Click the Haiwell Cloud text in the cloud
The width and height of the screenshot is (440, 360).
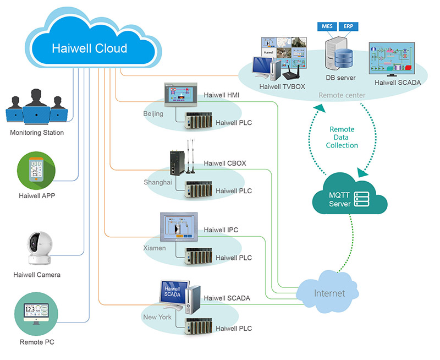pyautogui.click(x=89, y=48)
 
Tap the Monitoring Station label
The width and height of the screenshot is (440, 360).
pyautogui.click(x=37, y=133)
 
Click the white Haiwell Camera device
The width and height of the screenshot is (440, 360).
pyautogui.click(x=36, y=248)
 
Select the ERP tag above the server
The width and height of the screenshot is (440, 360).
pyautogui.click(x=349, y=26)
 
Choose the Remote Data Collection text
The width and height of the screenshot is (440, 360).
pyautogui.click(x=342, y=137)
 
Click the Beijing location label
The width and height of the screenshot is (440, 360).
pyautogui.click(x=153, y=114)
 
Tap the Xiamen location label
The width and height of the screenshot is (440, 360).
pyautogui.click(x=154, y=248)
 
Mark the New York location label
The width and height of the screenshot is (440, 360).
pyautogui.click(x=157, y=317)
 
